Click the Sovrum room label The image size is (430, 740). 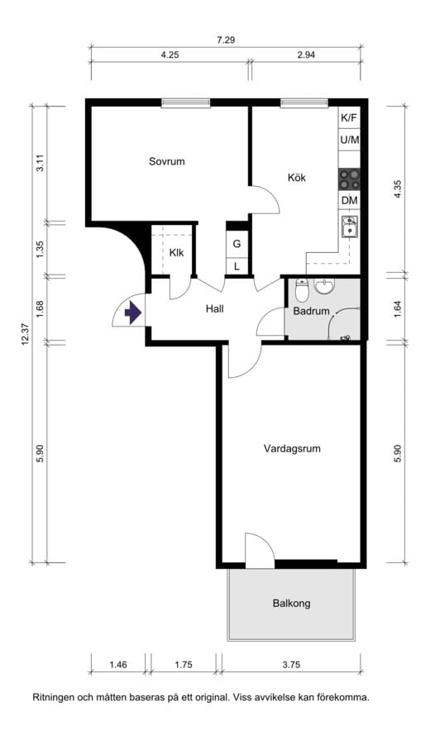tap(166, 161)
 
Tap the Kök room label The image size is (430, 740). tap(297, 178)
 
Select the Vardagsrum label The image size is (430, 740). tap(292, 448)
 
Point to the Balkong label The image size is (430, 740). tap(291, 603)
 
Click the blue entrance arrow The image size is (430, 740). tap(133, 313)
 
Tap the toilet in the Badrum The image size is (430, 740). tap(301, 289)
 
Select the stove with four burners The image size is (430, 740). tap(349, 179)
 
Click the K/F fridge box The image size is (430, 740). tap(349, 118)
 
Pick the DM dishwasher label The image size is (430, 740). tap(349, 201)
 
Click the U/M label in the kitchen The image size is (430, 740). tap(349, 140)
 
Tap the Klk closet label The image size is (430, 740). tap(176, 253)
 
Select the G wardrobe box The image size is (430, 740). tap(237, 244)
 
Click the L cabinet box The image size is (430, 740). tap(237, 266)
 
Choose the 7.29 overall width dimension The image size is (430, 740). tap(226, 41)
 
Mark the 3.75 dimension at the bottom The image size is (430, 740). tap(291, 665)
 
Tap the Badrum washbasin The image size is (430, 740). tap(324, 286)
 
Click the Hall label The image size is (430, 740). tap(215, 309)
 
